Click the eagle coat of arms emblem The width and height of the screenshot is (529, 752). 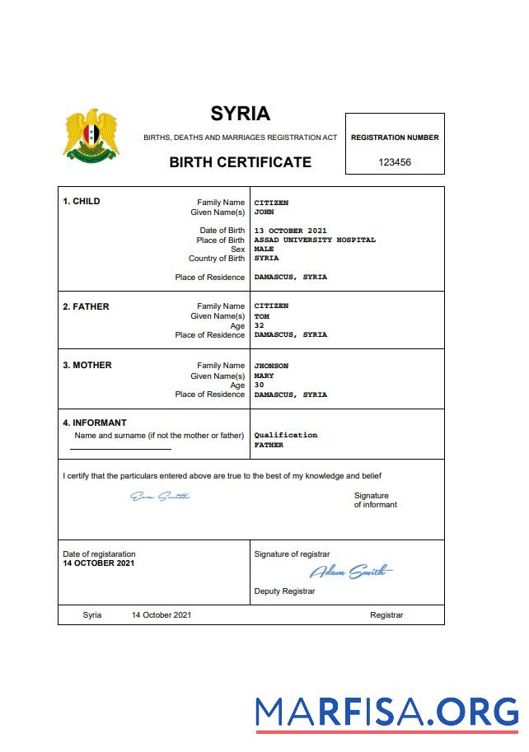pos(91,134)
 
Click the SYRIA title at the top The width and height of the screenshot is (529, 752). pos(240,114)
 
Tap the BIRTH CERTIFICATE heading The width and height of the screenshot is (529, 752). pos(240,162)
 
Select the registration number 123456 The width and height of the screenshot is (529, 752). pos(395,162)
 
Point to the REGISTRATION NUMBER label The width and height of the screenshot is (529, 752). pos(395,138)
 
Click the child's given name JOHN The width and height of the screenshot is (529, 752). pos(264,212)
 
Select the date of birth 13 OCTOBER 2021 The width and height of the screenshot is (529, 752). pos(291,231)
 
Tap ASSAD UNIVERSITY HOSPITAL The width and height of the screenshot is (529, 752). pos(315,240)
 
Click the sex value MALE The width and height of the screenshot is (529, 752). pos(264,249)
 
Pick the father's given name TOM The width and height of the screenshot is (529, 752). pos(261,315)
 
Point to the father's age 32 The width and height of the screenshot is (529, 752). pos(259,325)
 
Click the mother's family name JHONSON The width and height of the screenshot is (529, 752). pos(271,366)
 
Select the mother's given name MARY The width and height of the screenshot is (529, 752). pos(264,376)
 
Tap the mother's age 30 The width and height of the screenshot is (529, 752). pos(259,385)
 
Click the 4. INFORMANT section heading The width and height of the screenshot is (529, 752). pos(95,423)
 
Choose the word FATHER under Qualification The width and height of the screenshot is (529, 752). pos(269,445)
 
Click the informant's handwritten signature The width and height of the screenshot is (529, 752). pos(160,496)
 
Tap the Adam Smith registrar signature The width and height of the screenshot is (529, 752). pos(350,572)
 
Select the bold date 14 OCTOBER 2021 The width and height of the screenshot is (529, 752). pos(98,563)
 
